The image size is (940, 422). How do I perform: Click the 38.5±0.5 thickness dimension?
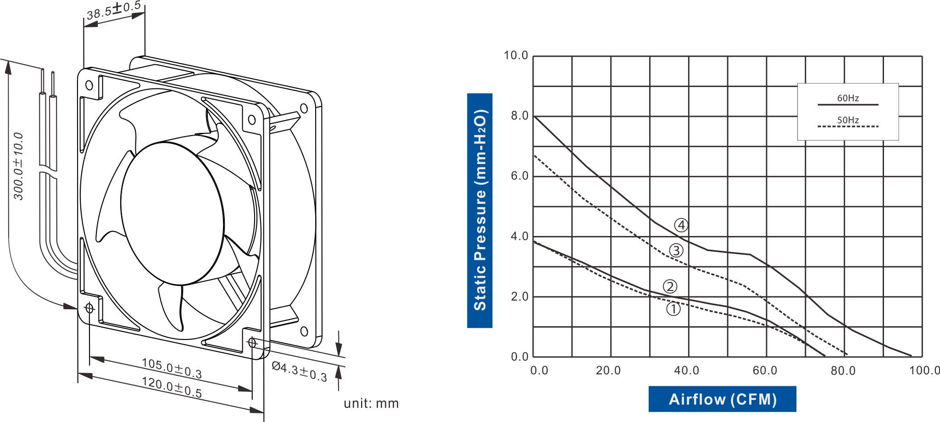point(113,10)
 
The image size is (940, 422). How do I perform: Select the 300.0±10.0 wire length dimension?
point(18,166)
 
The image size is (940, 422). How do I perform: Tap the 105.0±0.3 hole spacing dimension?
point(172,368)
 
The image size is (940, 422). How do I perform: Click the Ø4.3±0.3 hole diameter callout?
point(299,371)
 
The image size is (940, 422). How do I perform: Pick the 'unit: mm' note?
point(371,403)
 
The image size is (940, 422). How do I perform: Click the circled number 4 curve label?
point(681,225)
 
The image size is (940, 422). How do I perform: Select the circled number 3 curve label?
point(676,250)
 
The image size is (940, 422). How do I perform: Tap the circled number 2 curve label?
point(670,286)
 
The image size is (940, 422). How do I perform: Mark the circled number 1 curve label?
point(673,309)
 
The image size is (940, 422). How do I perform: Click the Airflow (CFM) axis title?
point(722,399)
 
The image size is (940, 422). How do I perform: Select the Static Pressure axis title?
point(480,210)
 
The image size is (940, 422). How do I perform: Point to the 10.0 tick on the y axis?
point(516,55)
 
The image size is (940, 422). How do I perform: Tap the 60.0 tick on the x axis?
point(765,370)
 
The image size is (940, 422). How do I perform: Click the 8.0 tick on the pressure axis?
point(520,116)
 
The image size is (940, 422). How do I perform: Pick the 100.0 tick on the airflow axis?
point(924,370)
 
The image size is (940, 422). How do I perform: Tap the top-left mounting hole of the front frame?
point(89,85)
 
